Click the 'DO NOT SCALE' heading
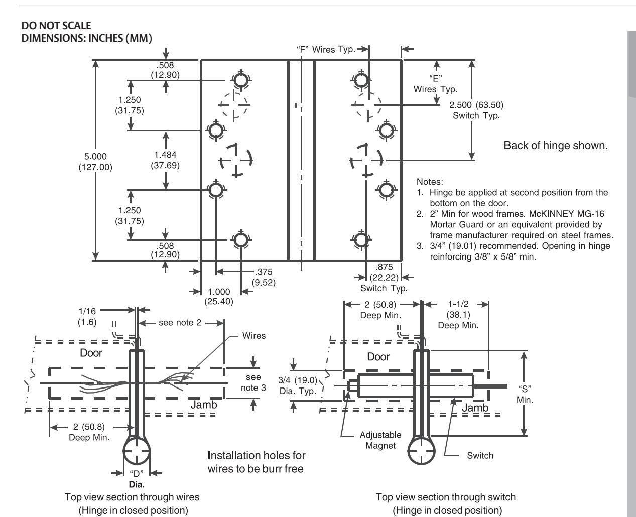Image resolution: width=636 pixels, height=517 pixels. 56,26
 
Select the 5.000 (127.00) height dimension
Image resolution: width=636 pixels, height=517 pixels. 95,162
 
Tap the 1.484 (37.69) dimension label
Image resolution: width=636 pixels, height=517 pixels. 165,160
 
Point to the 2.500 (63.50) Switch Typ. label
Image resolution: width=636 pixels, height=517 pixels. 476,110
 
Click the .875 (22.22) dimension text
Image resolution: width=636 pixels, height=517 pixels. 384,272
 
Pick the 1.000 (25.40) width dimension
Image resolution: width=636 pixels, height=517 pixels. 218,297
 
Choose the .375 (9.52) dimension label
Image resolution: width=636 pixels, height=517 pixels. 264,277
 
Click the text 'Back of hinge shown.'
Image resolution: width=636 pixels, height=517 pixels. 556,146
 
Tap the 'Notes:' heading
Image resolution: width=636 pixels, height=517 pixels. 430,182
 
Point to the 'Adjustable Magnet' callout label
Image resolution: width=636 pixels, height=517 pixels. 380,440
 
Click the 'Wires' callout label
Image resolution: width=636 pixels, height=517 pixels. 254,335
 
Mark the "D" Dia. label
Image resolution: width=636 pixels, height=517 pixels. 137,478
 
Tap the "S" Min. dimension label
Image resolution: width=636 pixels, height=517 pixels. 525,394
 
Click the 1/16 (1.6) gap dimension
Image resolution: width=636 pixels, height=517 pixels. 87,316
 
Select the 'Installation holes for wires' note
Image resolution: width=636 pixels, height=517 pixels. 256,462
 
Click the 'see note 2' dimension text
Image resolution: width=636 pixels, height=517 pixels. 180,322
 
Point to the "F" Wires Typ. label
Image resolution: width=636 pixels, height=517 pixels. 326,49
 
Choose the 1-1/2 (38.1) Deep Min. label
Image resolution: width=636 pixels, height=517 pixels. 458,315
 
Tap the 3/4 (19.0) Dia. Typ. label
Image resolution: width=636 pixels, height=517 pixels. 297,385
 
